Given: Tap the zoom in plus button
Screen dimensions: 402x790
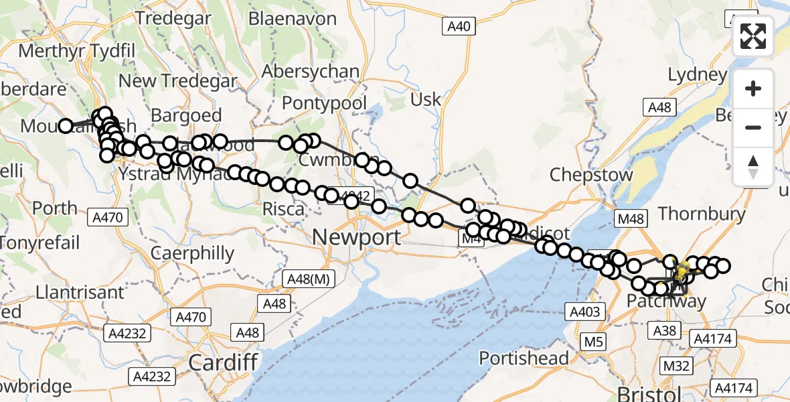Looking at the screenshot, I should click(753, 89).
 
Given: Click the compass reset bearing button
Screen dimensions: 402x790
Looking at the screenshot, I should click(753, 166).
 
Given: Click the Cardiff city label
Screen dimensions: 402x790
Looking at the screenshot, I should click(223, 362).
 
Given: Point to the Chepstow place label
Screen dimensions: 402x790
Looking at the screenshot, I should click(591, 175).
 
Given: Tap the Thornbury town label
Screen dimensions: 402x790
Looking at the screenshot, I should click(702, 214).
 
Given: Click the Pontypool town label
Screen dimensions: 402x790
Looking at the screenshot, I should click(325, 104).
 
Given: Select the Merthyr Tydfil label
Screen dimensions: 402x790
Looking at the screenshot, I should click(78, 51).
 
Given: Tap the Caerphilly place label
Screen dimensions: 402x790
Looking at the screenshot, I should click(192, 253).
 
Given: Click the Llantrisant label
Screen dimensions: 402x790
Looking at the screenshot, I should click(72, 292).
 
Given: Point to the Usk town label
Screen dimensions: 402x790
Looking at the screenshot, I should click(426, 100).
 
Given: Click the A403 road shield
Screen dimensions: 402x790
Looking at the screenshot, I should click(585, 311).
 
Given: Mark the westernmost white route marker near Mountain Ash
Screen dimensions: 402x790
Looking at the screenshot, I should click(66, 126).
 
